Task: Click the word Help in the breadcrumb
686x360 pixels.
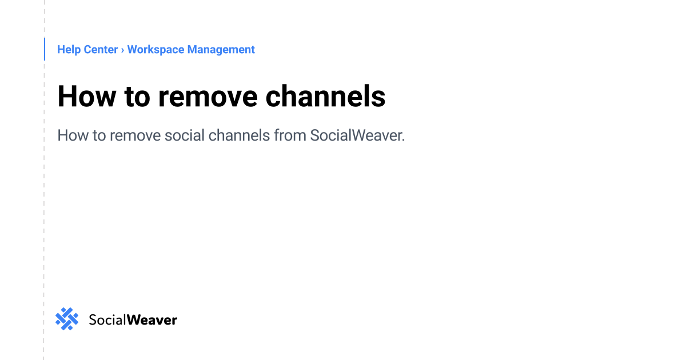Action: click(69, 50)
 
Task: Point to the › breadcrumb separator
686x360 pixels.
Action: click(122, 50)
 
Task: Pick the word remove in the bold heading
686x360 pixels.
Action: click(207, 96)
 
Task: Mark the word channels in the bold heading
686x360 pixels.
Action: click(325, 96)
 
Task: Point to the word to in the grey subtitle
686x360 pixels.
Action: click(99, 136)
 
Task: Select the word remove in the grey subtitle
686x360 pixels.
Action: click(135, 136)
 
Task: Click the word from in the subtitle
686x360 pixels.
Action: click(290, 136)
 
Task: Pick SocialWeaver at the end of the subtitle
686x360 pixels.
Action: click(357, 136)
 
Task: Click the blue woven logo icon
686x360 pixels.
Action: click(67, 319)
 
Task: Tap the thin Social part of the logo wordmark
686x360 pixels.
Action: click(107, 319)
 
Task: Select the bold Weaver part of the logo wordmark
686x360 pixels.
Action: click(151, 319)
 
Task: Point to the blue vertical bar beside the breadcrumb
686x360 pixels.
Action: click(45, 49)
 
